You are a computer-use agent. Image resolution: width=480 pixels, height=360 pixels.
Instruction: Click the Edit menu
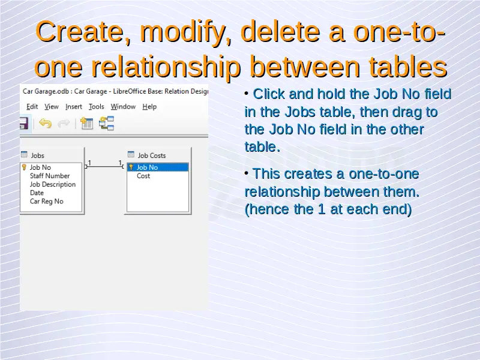pos(32,107)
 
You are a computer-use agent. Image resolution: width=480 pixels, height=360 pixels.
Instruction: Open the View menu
pos(52,107)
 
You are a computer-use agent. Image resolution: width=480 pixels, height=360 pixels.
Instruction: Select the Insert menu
pos(73,107)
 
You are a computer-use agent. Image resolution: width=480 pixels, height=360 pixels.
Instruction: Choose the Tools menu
pos(97,107)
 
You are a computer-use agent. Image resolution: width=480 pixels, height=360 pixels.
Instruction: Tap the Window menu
pos(123,107)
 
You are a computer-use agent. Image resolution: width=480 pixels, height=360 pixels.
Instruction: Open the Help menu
pos(149,107)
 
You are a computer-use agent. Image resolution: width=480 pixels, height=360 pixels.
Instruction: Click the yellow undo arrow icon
pos(46,124)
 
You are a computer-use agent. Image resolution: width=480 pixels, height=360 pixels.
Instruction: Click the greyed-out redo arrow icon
pos(64,124)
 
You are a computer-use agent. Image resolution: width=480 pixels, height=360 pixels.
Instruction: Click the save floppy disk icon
pos(24,124)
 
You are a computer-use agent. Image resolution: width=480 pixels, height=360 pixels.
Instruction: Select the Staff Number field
pos(50,176)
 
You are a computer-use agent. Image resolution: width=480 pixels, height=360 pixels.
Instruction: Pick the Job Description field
pos(53,184)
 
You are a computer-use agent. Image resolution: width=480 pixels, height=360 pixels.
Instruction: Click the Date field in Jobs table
pos(37,193)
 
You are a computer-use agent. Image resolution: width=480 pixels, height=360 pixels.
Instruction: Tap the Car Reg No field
pos(47,201)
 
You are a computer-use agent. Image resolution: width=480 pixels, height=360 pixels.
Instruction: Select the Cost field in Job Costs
pos(143,176)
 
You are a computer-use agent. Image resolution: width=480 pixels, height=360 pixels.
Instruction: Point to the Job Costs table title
pos(152,155)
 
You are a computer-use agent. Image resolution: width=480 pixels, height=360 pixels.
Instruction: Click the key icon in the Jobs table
pos(24,167)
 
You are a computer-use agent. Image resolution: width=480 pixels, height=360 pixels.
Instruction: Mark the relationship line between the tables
pos(104,167)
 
